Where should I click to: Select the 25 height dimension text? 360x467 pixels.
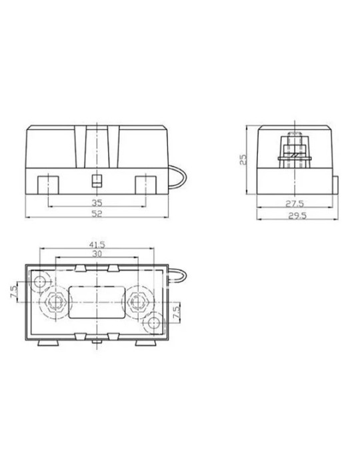tap(244, 159)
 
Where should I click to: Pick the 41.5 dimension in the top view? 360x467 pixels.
tap(97, 245)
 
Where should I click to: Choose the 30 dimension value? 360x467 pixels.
tap(97, 254)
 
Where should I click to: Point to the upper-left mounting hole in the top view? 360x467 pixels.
tap(41, 280)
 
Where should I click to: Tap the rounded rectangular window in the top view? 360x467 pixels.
tap(98, 302)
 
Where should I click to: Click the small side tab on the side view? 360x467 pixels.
tap(335, 182)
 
